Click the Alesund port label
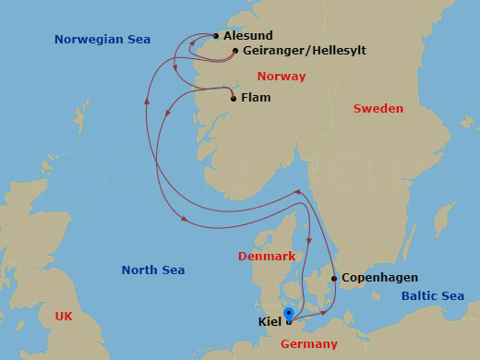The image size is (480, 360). pyautogui.click(x=248, y=36)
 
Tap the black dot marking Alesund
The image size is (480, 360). pyautogui.click(x=216, y=37)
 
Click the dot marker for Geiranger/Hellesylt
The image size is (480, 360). pyautogui.click(x=235, y=52)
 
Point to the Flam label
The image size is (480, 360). pyautogui.click(x=256, y=98)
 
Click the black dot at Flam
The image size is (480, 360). pyautogui.click(x=234, y=99)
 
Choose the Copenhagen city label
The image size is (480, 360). pyautogui.click(x=379, y=278)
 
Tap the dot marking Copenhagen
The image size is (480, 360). pyautogui.click(x=334, y=278)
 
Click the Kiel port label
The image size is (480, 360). pyautogui.click(x=270, y=322)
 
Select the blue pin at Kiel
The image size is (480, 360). pyautogui.click(x=289, y=314)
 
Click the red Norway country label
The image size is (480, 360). pyautogui.click(x=282, y=77)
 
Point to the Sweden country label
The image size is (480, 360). pyautogui.click(x=378, y=109)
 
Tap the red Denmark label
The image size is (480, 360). pyautogui.click(x=267, y=256)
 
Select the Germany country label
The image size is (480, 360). pyautogui.click(x=308, y=344)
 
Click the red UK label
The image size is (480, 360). pyautogui.click(x=63, y=316)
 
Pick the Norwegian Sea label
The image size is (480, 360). pyautogui.click(x=102, y=40)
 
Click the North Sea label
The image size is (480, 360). pyautogui.click(x=153, y=270)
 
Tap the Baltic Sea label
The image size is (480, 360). pyautogui.click(x=433, y=296)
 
